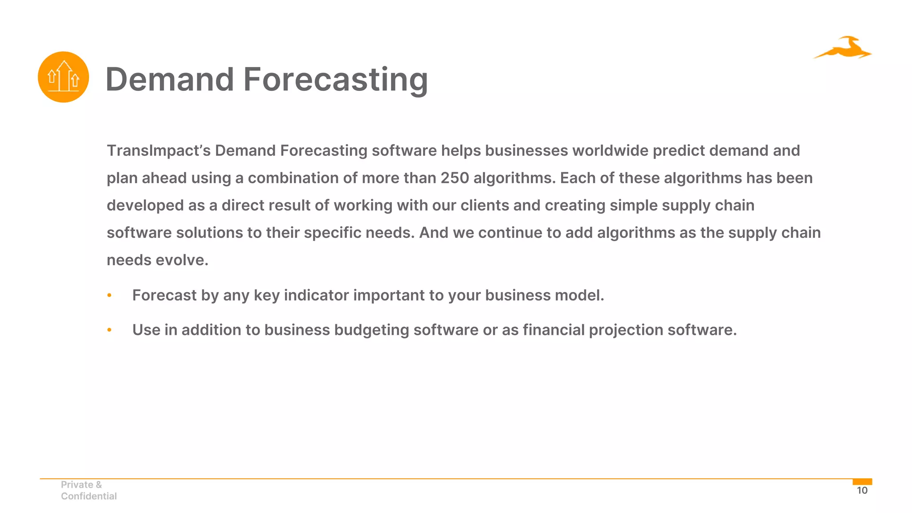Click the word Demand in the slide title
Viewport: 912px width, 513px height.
(170, 79)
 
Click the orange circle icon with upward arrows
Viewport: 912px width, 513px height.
(63, 77)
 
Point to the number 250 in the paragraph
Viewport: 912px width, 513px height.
(455, 178)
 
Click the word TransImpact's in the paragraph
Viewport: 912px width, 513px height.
(159, 151)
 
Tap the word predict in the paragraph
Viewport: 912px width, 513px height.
(679, 151)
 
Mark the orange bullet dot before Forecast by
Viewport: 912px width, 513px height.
(110, 295)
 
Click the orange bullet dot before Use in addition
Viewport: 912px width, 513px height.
(110, 330)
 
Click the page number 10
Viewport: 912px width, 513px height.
(862, 491)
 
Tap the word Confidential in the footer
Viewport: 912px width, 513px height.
(89, 496)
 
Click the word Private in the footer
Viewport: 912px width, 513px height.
(77, 484)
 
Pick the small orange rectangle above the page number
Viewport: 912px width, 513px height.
(862, 482)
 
